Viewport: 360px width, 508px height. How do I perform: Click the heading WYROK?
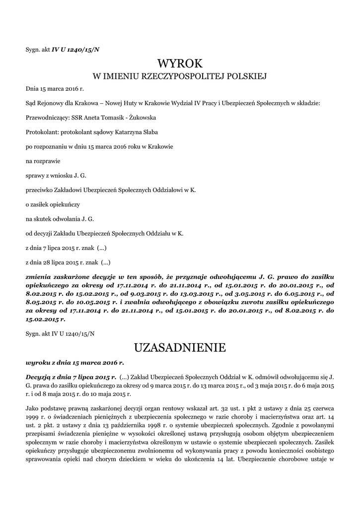point(180,63)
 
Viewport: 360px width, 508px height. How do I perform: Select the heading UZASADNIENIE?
point(180,348)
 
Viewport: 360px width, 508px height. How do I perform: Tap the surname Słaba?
point(150,132)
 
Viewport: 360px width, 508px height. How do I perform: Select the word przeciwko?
point(39,190)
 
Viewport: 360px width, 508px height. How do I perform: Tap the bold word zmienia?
point(40,276)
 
